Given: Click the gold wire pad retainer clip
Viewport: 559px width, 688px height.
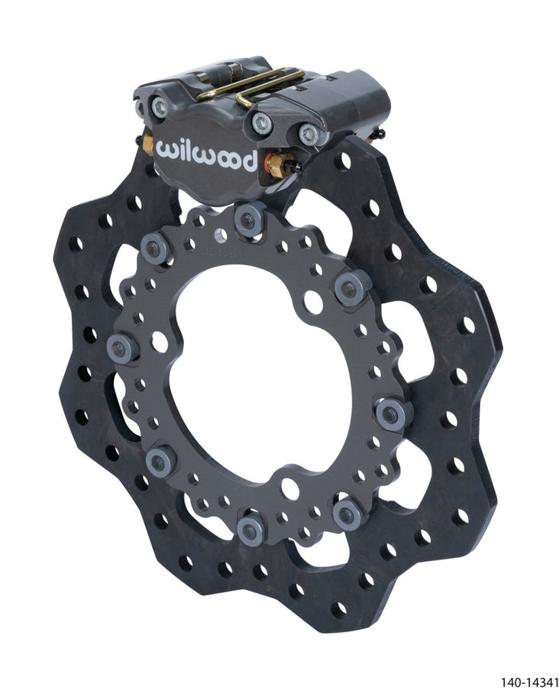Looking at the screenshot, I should tap(252, 86).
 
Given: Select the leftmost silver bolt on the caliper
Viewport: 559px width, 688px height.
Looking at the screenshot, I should tap(159, 109).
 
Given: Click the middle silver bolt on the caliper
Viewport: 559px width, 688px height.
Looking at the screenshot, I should tap(261, 120).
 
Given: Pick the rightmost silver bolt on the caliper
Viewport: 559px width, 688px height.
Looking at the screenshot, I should tap(309, 135).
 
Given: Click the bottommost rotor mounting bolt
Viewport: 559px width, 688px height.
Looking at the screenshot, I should tap(250, 529).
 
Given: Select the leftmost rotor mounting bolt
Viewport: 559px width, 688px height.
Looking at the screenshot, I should tap(124, 348).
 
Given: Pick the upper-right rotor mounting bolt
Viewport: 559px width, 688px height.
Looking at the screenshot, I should tap(351, 288).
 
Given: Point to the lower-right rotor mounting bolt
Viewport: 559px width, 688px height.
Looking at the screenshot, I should tap(349, 514).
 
